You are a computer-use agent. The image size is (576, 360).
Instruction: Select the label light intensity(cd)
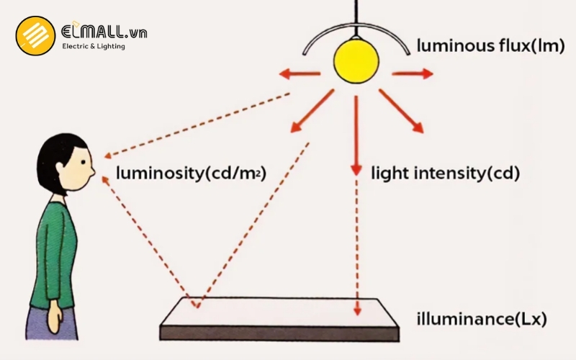[x=445, y=173]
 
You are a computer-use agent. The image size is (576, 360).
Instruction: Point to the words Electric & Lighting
[x=93, y=46]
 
